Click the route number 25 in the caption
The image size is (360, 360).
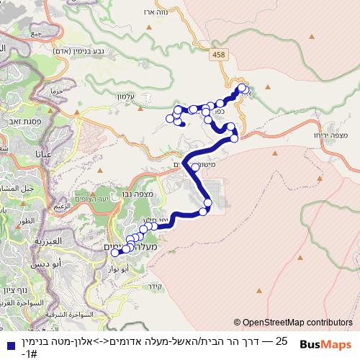click(282, 340)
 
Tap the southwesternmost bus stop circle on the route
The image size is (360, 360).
click(114, 252)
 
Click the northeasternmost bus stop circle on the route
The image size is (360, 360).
click(243, 89)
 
